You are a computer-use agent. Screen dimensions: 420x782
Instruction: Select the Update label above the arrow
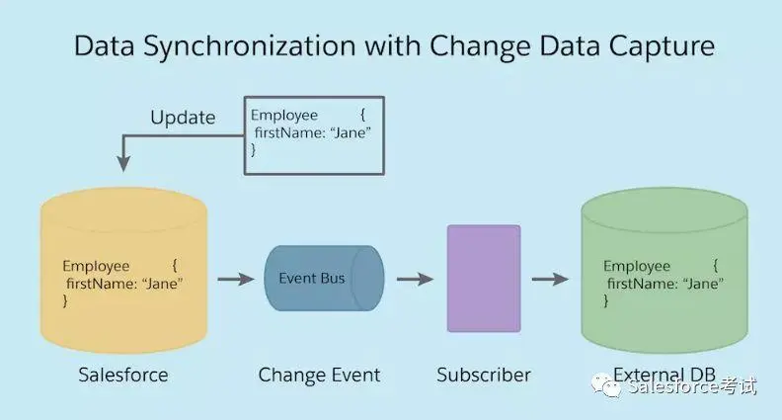pos(183,118)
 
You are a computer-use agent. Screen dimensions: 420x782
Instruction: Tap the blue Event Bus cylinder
pos(323,279)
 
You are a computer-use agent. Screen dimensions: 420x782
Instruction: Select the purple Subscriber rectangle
pos(483,279)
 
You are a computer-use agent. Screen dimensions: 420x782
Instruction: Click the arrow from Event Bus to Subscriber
pos(415,280)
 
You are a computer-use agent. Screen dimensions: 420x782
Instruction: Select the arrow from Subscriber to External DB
pos(550,280)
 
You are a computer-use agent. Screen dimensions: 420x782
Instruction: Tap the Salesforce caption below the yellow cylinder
pos(123,376)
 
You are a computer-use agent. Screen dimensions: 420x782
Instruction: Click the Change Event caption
pos(319,376)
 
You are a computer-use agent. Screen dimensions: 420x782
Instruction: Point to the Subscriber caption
pos(484,376)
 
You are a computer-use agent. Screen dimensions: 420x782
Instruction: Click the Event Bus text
pos(312,278)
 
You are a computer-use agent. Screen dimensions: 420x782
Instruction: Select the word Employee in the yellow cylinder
pos(96,266)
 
